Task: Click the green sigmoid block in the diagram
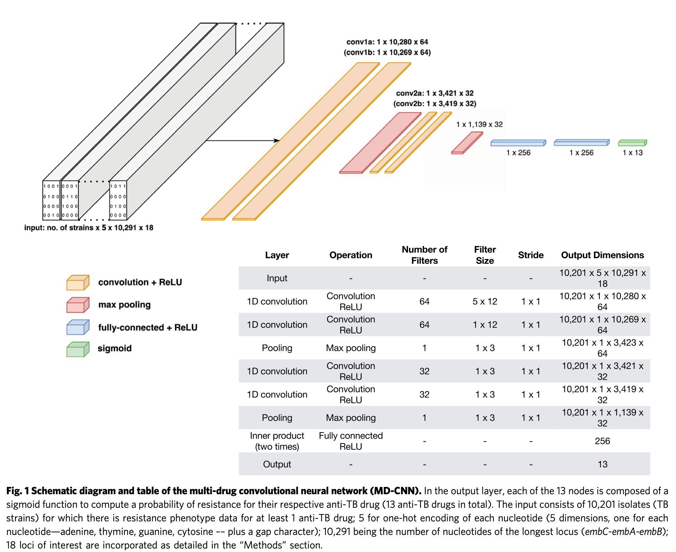[632, 143]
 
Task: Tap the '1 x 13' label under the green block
[633, 153]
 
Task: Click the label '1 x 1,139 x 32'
[479, 124]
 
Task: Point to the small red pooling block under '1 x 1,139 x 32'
[467, 143]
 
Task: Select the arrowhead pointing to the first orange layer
[277, 141]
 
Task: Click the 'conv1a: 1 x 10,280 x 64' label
[387, 42]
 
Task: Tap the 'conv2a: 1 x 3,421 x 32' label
[435, 93]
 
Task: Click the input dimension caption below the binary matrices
[89, 228]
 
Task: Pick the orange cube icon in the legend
[78, 282]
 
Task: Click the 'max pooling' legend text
[124, 305]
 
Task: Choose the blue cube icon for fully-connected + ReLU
[78, 327]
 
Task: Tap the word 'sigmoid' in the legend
[114, 348]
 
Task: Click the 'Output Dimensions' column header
[602, 255]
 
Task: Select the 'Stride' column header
[531, 255]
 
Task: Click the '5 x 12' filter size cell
[485, 301]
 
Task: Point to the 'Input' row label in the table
[277, 278]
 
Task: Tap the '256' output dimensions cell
[602, 441]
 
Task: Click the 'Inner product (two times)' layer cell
[277, 441]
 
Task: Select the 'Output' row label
[277, 464]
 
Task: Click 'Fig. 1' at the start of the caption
[17, 491]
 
